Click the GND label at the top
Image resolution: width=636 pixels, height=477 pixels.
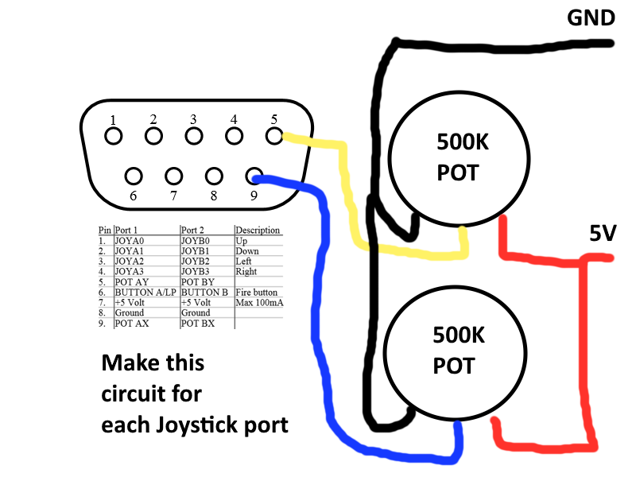pyautogui.click(x=590, y=17)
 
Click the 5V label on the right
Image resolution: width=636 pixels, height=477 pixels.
pyautogui.click(x=602, y=233)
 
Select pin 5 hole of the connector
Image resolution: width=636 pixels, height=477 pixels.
pyautogui.click(x=274, y=136)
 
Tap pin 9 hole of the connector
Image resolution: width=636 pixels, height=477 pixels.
pyautogui.click(x=254, y=175)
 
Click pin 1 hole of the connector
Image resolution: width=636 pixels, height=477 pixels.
pyautogui.click(x=114, y=136)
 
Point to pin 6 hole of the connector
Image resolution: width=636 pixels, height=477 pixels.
pyautogui.click(x=134, y=175)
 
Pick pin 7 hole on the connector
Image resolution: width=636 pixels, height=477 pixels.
pyautogui.click(x=173, y=175)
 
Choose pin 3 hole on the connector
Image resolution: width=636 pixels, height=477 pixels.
pyautogui.click(x=194, y=136)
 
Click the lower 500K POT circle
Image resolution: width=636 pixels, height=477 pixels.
pyautogui.click(x=453, y=351)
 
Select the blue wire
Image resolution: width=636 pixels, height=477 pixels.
pyautogui.click(x=323, y=318)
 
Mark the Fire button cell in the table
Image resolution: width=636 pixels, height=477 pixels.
pyautogui.click(x=255, y=292)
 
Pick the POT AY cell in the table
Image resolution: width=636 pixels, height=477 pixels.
pyautogui.click(x=135, y=281)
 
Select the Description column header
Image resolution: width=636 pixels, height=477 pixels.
pyautogui.click(x=258, y=230)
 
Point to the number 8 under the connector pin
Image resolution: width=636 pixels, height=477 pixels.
pyautogui.click(x=213, y=194)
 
